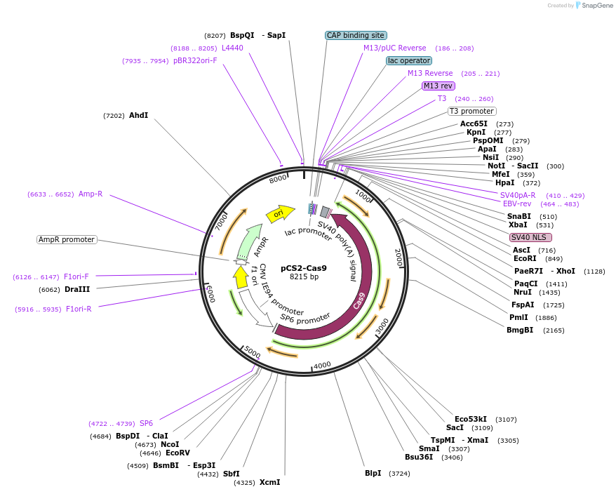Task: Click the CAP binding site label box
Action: coord(356,35)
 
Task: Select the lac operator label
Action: coord(409,60)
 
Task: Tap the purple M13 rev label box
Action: coord(438,86)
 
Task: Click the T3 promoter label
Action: coord(471,111)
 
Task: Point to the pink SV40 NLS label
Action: coord(530,237)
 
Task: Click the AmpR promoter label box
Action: coord(67,239)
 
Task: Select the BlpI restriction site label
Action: coord(373,473)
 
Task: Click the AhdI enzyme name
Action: coord(138,115)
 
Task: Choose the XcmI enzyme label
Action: coord(269,482)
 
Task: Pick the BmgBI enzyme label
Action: coord(520,330)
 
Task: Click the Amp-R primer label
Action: coord(91,194)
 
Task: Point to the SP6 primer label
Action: coord(146,423)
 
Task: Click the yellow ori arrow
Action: coord(279,212)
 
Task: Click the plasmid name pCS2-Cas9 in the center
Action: coord(304,267)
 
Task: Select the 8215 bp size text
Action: coord(304,276)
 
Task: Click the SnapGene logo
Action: coord(594,6)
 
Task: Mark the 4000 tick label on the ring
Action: coord(322,366)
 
